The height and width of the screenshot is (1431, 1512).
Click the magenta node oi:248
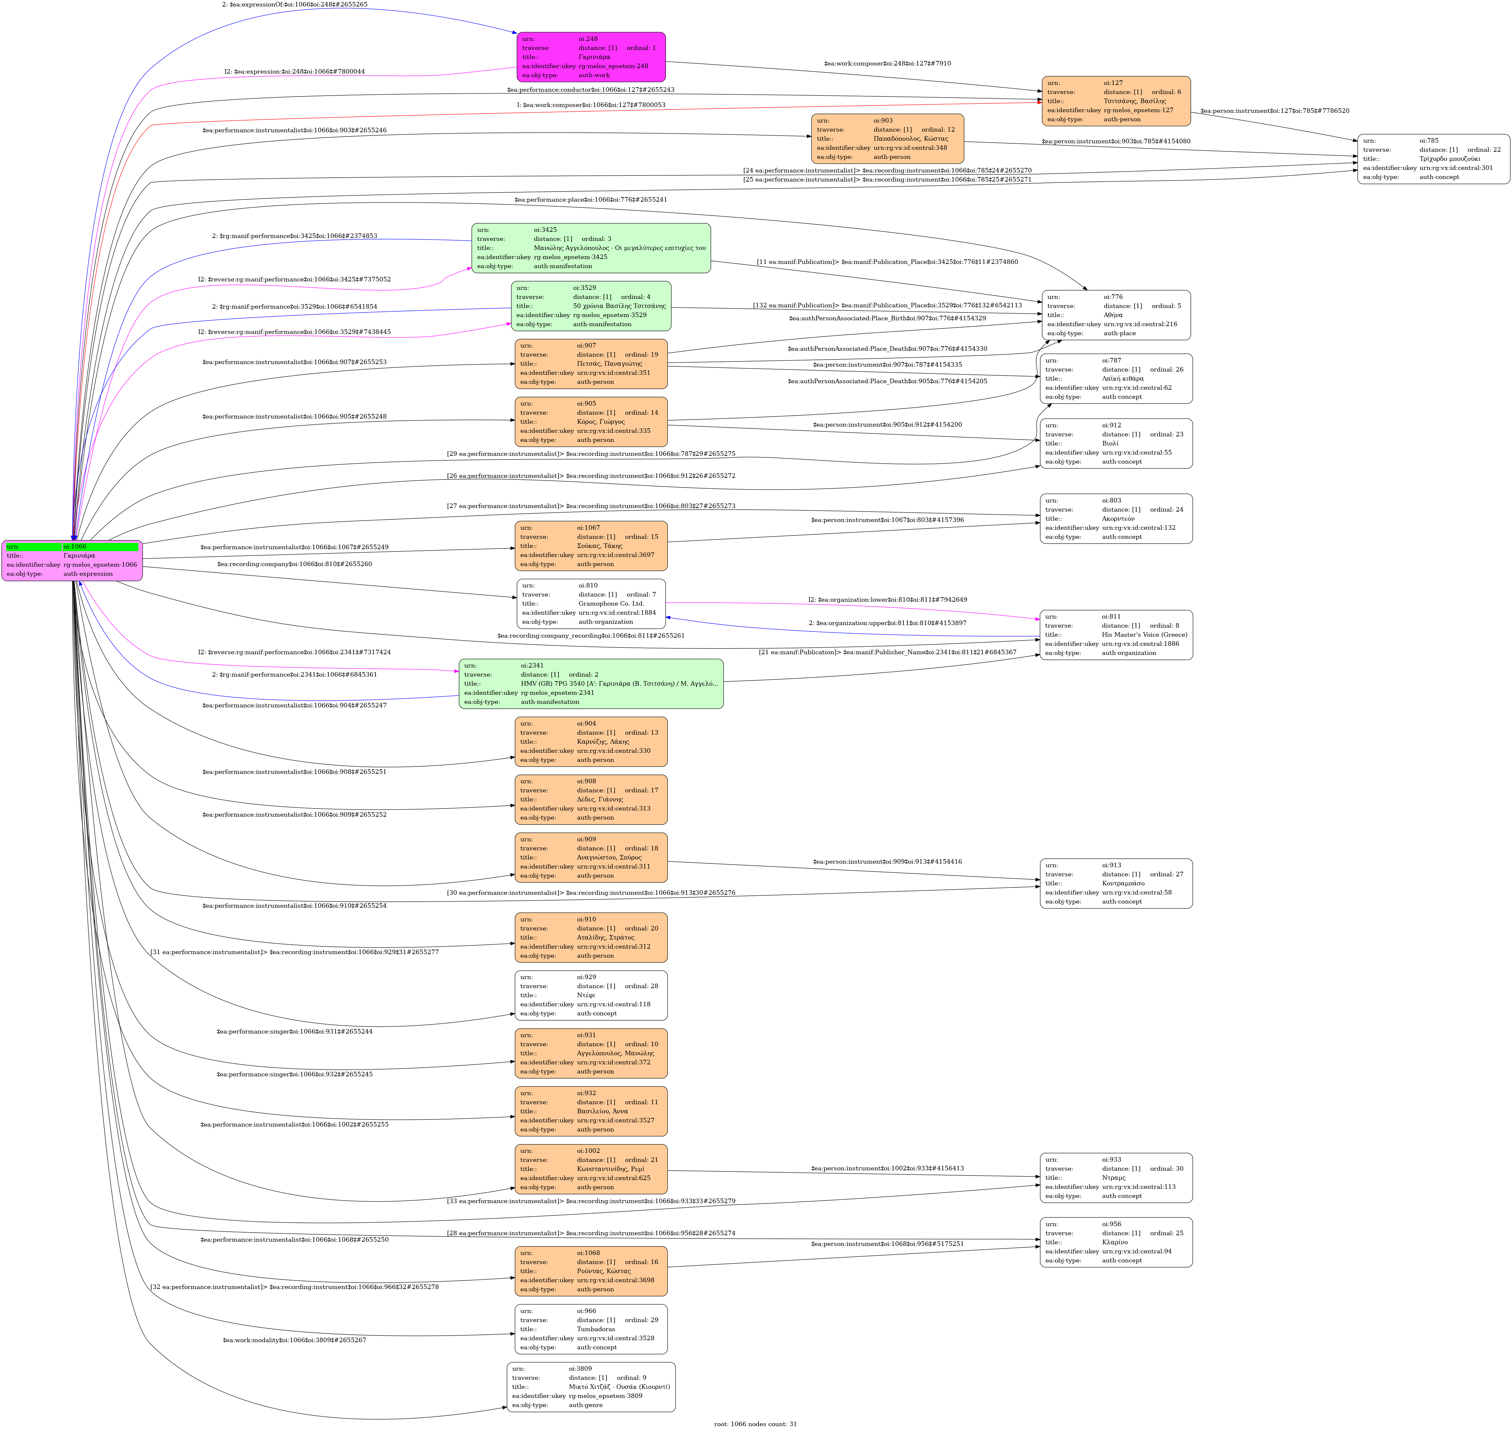(590, 57)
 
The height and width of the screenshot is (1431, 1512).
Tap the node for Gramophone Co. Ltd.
(590, 603)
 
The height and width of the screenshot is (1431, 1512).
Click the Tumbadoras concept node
(590, 1329)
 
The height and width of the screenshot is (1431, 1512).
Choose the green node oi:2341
(590, 683)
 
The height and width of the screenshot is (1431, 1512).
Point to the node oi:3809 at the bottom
(590, 1387)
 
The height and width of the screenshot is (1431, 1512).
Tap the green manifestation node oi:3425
(590, 248)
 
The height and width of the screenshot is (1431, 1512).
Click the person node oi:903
(887, 139)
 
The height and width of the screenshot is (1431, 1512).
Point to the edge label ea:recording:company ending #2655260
(294, 564)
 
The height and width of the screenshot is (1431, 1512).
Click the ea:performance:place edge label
(590, 200)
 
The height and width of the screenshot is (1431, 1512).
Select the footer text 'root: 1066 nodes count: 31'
(755, 1423)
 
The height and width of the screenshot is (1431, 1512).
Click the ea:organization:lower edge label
(887, 599)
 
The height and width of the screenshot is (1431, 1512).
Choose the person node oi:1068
(590, 1271)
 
